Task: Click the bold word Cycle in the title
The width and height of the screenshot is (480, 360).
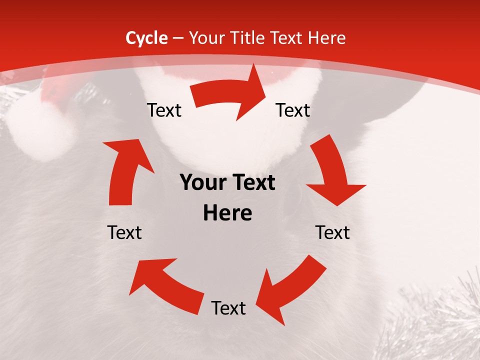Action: click(146, 38)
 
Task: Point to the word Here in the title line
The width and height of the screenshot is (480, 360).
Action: click(327, 38)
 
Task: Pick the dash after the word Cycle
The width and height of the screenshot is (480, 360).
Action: click(178, 38)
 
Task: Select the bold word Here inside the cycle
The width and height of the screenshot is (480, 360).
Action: click(227, 213)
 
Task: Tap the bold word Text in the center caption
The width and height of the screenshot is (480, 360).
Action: click(253, 183)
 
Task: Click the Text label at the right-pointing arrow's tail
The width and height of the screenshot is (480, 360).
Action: click(164, 110)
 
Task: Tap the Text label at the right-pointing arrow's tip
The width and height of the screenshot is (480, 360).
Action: click(293, 110)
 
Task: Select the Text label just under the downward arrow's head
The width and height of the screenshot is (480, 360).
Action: click(332, 232)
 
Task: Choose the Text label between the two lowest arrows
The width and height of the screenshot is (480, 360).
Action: click(228, 308)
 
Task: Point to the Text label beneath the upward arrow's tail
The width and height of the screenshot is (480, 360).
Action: click(124, 232)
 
